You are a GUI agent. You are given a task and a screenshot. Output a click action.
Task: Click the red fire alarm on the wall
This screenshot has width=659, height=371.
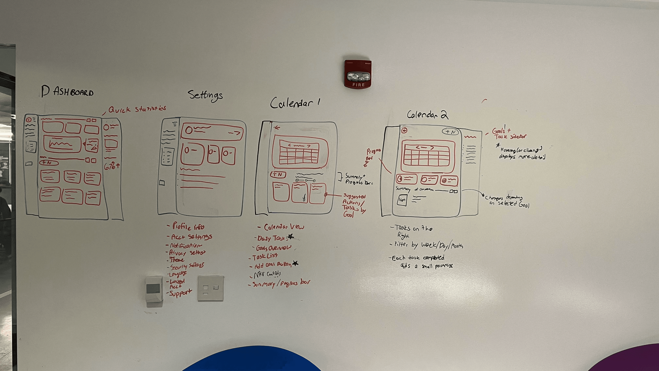point(358,74)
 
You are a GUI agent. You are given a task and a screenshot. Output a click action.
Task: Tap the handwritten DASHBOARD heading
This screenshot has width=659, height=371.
point(68,92)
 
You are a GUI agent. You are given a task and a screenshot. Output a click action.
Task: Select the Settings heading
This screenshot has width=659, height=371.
point(205,95)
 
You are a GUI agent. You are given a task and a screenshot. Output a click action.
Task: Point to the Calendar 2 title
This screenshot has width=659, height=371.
point(427,115)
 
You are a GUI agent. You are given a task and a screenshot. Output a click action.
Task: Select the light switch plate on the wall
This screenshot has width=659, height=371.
point(211,288)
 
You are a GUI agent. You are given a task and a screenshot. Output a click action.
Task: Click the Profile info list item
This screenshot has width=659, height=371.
point(188,226)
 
